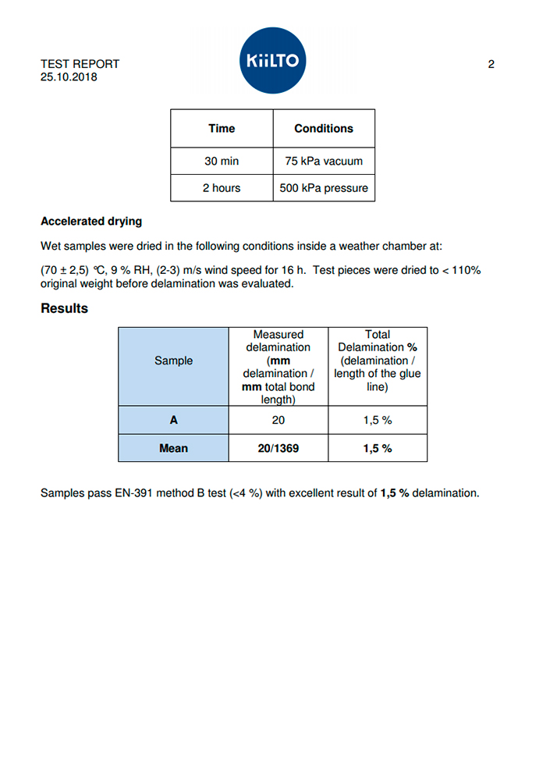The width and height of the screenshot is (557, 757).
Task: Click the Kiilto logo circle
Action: pos(273,61)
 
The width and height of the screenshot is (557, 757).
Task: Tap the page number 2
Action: pos(491,64)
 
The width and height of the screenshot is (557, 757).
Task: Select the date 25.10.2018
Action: pos(69,77)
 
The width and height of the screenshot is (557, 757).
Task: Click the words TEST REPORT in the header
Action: pos(80,64)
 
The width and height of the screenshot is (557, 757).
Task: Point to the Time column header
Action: pos(222,128)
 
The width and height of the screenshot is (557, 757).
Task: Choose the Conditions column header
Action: pos(324,128)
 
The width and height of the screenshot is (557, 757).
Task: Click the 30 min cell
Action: pos(222,162)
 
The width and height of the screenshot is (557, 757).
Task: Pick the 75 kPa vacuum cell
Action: pos(324,162)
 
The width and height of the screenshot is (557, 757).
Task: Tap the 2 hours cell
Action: pos(222,188)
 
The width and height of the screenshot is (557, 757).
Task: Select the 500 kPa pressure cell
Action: pos(324,188)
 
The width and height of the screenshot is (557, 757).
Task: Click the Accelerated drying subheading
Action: pos(91,221)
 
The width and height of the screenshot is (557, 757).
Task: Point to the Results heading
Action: pos(64,308)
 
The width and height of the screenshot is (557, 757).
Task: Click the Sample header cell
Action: pos(173,361)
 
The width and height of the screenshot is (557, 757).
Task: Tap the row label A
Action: pos(173,420)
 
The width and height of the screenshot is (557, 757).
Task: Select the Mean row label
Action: pos(173,448)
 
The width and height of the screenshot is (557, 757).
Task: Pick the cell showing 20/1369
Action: pos(278,448)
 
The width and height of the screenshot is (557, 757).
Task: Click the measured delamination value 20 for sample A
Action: pos(278,420)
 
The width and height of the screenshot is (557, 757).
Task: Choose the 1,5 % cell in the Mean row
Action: pos(378,448)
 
